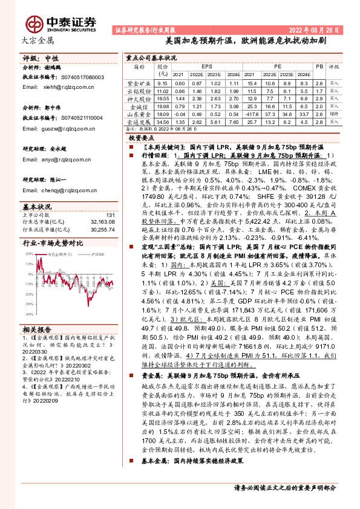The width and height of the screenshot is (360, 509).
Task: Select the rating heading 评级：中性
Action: click(40, 59)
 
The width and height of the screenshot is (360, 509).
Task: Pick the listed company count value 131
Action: click(110, 215)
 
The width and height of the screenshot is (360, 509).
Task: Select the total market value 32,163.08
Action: click(101, 222)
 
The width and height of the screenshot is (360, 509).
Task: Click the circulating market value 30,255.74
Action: click(101, 229)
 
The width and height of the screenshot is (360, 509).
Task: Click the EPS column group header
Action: click(206, 66)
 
